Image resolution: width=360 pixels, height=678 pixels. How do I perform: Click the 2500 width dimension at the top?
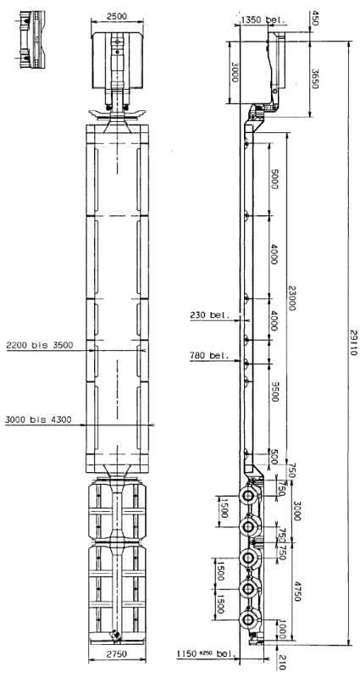pos(117,16)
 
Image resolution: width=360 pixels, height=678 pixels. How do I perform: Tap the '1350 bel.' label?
pos(263,19)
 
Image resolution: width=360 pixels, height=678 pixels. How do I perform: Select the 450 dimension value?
pos(314,19)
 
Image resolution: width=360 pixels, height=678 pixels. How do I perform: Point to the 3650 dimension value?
pos(314,79)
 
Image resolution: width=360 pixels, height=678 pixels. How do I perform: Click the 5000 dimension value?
pos(274,179)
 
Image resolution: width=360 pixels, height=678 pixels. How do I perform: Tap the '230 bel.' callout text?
pos(208,314)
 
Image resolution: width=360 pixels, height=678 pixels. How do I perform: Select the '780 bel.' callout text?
pos(208,356)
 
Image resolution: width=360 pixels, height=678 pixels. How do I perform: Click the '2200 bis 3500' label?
pos(40,345)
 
